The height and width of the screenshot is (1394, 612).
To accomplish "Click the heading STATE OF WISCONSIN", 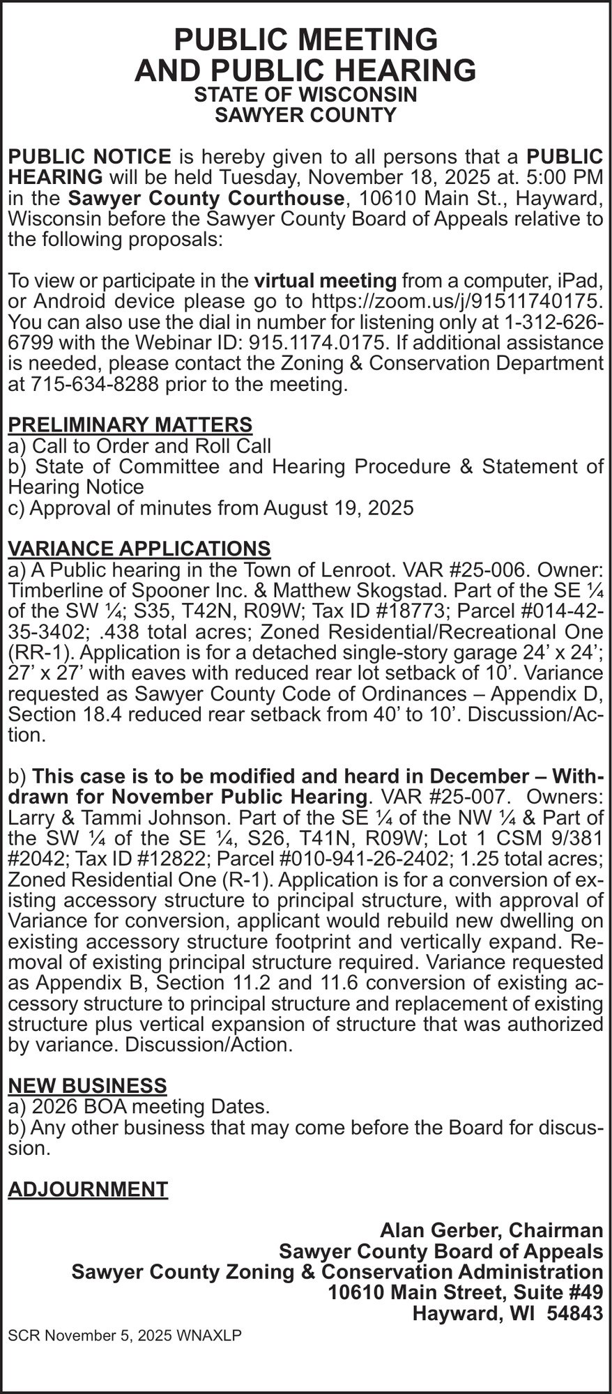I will [x=305, y=94].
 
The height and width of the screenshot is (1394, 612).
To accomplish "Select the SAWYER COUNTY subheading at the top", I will [x=305, y=115].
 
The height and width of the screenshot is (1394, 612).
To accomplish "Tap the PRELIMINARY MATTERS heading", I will [x=130, y=424].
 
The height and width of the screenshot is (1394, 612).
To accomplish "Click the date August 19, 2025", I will [x=338, y=507].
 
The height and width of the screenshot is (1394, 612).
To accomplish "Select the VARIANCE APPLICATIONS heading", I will [x=139, y=548].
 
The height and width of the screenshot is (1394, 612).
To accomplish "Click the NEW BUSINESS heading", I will [x=87, y=1085].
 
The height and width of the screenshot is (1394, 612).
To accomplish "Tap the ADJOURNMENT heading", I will [x=87, y=1189].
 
